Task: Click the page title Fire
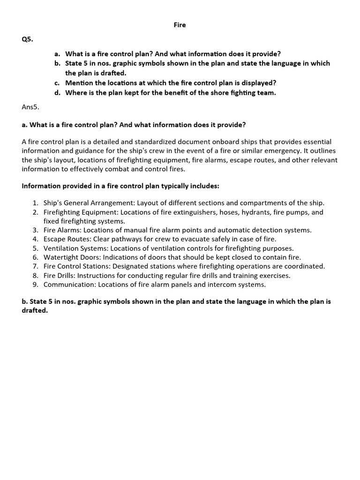point(180,25)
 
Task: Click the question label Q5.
point(28,39)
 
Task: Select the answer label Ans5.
point(30,107)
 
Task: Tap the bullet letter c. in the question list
point(57,83)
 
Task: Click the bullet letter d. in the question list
point(57,93)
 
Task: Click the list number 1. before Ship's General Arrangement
point(36,203)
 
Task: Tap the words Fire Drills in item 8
point(59,275)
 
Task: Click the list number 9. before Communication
point(36,285)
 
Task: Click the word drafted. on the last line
point(35,311)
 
